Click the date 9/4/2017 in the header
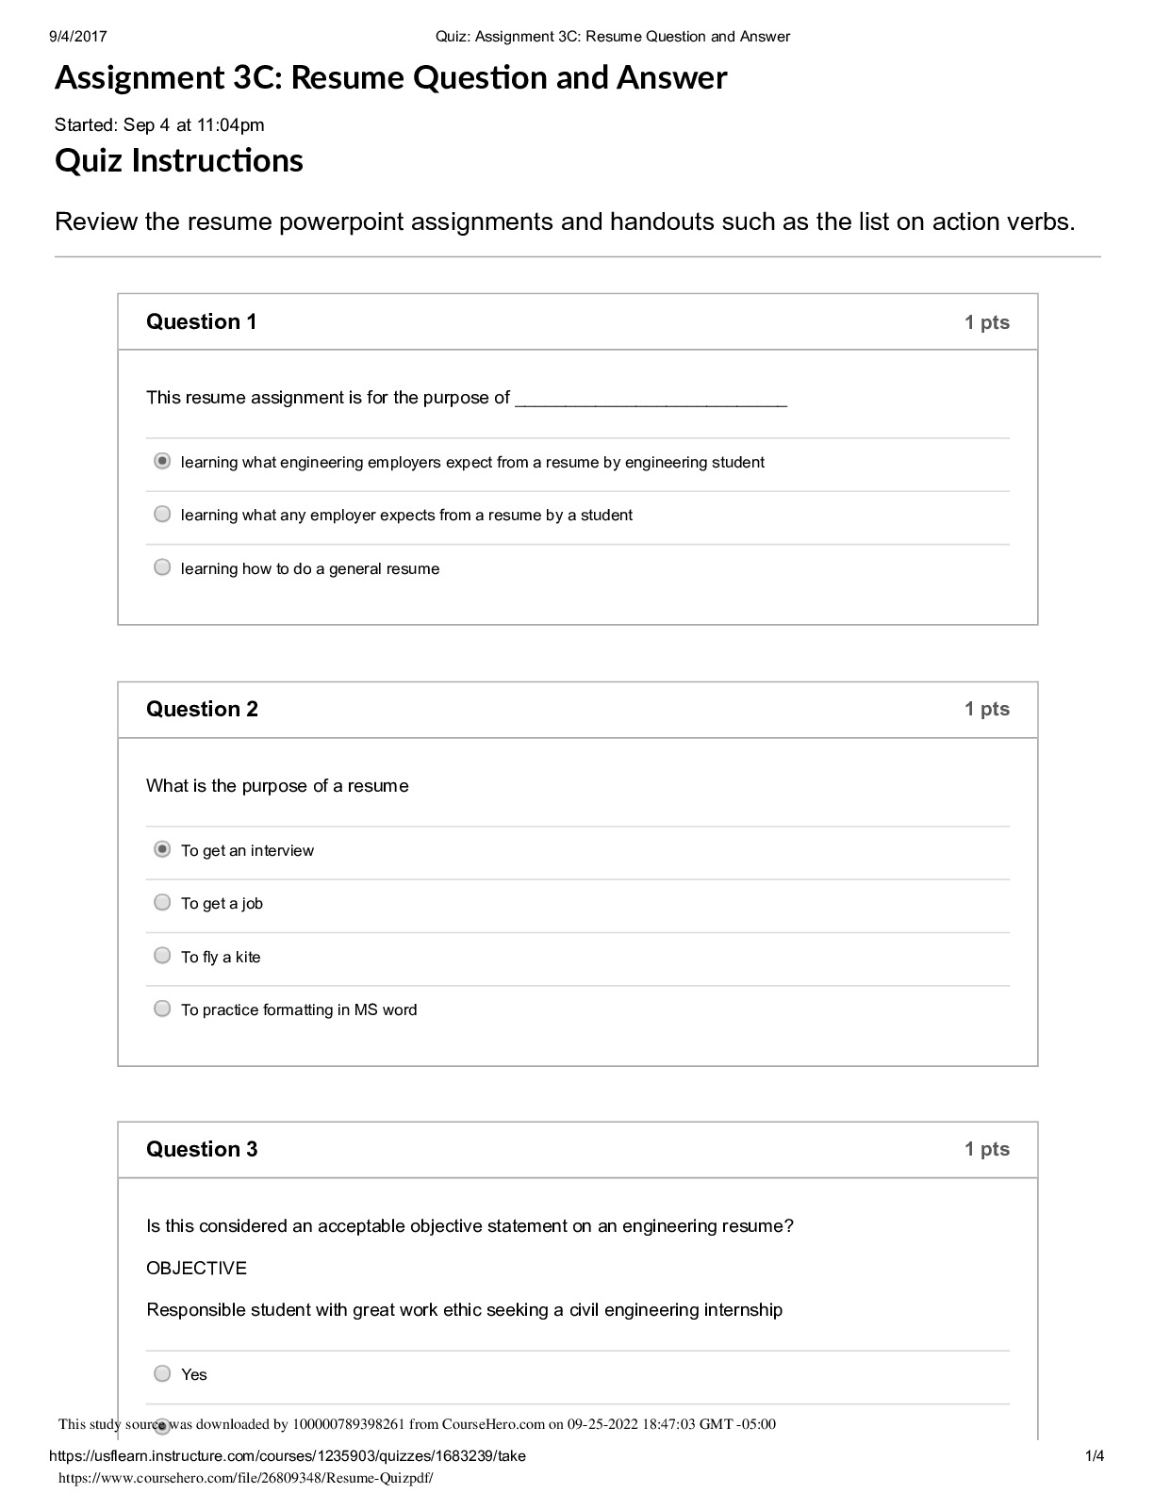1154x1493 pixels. [x=77, y=37]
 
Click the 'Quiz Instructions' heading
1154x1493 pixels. [x=179, y=160]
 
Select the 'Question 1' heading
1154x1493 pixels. [x=201, y=321]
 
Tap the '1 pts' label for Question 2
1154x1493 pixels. [x=986, y=709]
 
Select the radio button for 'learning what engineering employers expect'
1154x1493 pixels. [x=162, y=461]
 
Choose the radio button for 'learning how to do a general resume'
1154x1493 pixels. [x=162, y=567]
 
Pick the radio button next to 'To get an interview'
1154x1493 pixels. [x=162, y=849]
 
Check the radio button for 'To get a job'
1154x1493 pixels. [x=162, y=902]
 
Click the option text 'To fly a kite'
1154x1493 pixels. [x=221, y=957]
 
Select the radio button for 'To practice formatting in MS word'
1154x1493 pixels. [x=162, y=1009]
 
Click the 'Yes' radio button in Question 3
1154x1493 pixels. [x=162, y=1373]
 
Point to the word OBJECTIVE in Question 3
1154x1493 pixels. [x=196, y=1268]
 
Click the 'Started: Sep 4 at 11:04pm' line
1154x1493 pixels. [x=159, y=124]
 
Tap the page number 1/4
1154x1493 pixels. [x=1095, y=1456]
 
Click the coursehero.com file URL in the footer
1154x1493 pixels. [x=246, y=1479]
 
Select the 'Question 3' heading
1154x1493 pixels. [x=202, y=1149]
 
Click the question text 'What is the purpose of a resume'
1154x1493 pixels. [x=277, y=786]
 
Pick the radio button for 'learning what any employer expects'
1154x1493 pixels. [x=162, y=514]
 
